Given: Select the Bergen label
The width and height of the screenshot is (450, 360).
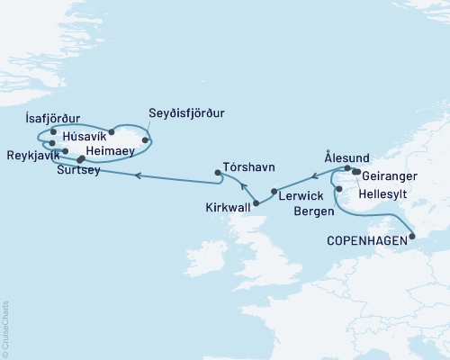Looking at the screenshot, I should pos(313,211).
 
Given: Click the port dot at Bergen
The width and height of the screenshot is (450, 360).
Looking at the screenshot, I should pos(337,190).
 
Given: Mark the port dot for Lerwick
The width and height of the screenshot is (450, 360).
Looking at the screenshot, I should pos(274,192).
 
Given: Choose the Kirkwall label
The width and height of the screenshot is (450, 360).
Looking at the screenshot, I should pos(231,207).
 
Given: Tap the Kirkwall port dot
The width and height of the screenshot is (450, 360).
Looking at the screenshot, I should pos(258,203).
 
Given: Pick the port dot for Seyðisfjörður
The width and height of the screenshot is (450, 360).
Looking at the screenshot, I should pos(146,139).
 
